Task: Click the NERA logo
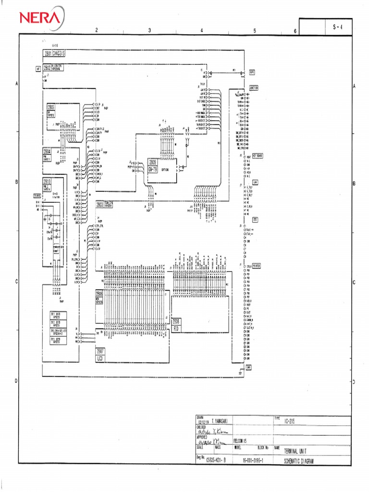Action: [41, 18]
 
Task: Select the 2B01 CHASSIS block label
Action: [54, 54]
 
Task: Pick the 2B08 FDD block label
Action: [176, 324]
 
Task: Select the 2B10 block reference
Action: [47, 181]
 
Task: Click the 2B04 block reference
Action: [47, 151]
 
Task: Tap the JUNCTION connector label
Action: [253, 88]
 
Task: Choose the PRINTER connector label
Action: [255, 265]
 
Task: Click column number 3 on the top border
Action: [149, 30]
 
